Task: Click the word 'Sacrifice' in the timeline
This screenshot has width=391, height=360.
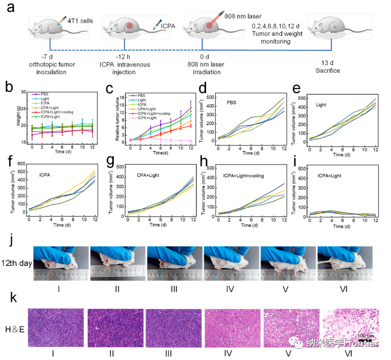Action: [x=328, y=71]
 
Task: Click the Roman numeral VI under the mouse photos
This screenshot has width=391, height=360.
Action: [x=343, y=288]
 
